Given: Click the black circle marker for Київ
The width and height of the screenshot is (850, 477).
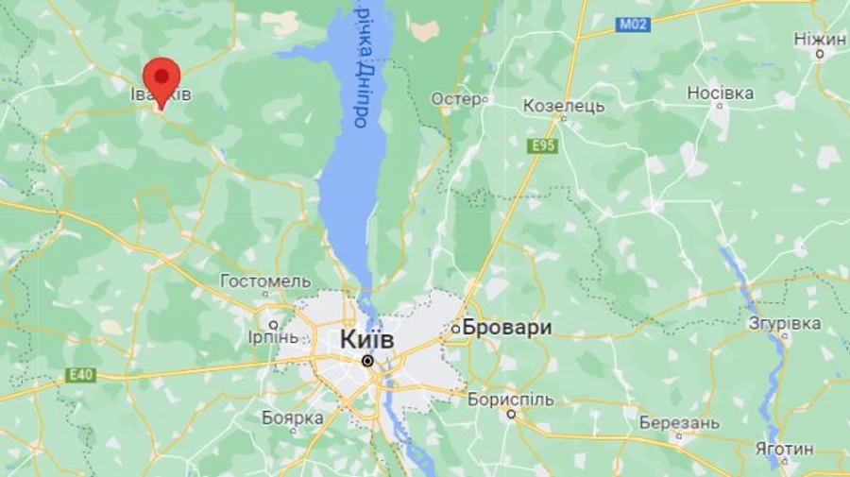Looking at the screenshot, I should coord(367,360).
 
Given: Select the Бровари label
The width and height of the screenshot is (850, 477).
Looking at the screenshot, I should coord(507,328).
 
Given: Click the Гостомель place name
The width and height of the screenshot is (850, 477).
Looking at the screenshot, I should coord(265,281).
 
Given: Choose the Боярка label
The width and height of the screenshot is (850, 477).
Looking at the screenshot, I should coord(293,417).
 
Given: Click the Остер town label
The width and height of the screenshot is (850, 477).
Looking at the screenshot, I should coord(456,98).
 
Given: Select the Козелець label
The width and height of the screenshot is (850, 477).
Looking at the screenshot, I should coord(564,106).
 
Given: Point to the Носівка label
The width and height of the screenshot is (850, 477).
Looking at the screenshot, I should coord(720,93).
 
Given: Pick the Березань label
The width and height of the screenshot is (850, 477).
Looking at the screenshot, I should coord(679,422).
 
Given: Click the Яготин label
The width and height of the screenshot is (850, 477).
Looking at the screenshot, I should coord(784,449).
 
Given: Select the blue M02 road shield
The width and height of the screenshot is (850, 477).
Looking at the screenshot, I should coord(633,25).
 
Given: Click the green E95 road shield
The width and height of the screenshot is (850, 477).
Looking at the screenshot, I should coord(543,145).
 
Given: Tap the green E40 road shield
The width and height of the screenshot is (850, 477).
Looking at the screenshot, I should coord(81,375).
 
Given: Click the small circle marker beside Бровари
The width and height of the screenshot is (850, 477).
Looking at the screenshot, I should coord(455,329).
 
